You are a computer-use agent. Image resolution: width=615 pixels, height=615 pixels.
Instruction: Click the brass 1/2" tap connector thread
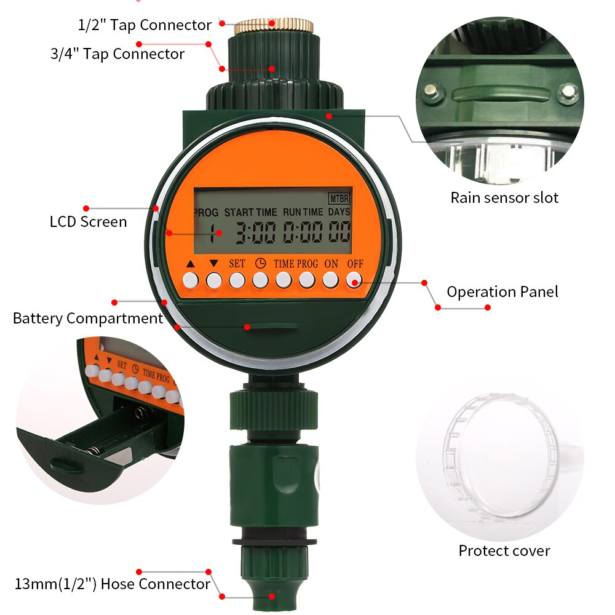pyautogui.click(x=274, y=26)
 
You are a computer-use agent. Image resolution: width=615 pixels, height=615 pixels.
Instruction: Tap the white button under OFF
pyautogui.click(x=353, y=280)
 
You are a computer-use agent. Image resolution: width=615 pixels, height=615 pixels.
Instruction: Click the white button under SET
pyautogui.click(x=237, y=280)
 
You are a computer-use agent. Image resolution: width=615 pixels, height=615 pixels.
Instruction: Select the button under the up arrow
pyautogui.click(x=190, y=280)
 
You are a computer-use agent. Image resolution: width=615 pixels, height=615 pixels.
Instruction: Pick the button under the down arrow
pyautogui.click(x=213, y=280)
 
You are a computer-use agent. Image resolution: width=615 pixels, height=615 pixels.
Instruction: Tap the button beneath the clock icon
pyautogui.click(x=260, y=280)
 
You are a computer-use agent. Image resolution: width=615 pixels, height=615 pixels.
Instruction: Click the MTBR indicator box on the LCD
pyautogui.click(x=339, y=199)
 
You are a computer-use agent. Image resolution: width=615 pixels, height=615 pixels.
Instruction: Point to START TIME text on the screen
pyautogui.click(x=250, y=212)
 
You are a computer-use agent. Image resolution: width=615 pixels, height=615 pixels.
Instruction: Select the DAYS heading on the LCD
pyautogui.click(x=339, y=212)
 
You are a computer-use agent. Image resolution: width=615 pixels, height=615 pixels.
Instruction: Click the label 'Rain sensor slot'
pyautogui.click(x=504, y=198)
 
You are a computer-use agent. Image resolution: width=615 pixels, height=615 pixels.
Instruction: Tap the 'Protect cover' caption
pyautogui.click(x=504, y=550)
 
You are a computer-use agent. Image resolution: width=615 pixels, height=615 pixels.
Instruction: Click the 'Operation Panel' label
pyautogui.click(x=502, y=292)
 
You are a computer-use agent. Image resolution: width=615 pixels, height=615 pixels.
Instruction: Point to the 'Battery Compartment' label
pyautogui.click(x=88, y=319)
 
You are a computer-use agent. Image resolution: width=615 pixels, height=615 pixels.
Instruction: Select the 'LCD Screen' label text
pyautogui.click(x=88, y=221)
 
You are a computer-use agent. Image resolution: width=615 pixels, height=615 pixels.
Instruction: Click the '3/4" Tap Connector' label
pyautogui.click(x=117, y=54)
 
